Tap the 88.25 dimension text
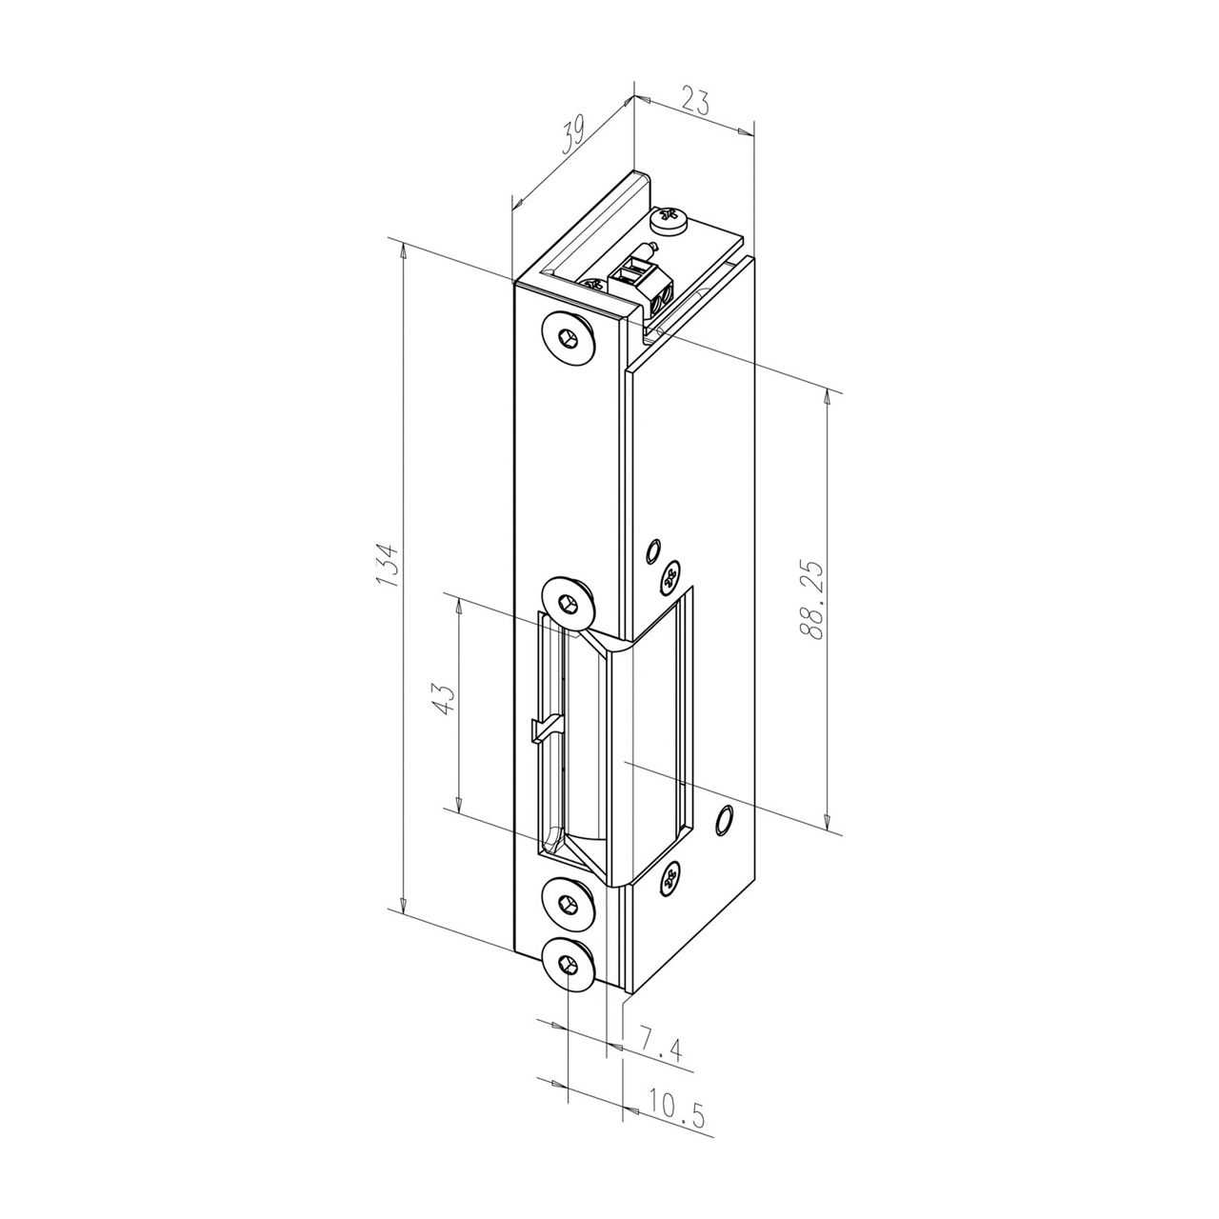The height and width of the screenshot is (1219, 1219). point(810,599)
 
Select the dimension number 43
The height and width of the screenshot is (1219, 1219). point(444,698)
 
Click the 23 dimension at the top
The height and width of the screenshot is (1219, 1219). point(694,101)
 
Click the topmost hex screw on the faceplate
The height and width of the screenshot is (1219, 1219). point(570,340)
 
